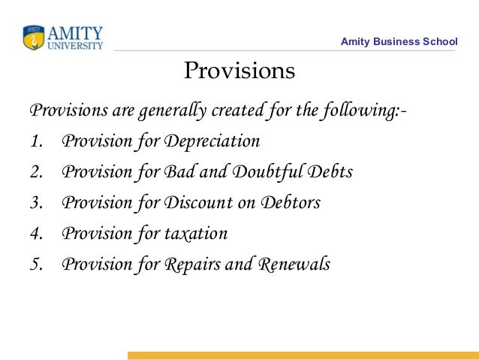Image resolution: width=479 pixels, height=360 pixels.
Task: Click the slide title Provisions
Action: pos(239,71)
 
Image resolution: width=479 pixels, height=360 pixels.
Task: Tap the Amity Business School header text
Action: pos(399,41)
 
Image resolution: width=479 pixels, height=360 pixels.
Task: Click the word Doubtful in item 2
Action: pos(267,172)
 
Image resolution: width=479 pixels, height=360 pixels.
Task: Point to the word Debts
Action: pos(328,172)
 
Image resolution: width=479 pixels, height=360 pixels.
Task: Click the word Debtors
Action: pos(290,203)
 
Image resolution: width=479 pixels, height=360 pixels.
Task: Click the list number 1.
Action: pos(37,141)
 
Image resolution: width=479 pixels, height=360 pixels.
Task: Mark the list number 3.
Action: pos(37,203)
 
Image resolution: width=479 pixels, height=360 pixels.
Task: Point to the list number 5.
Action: pos(37,265)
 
